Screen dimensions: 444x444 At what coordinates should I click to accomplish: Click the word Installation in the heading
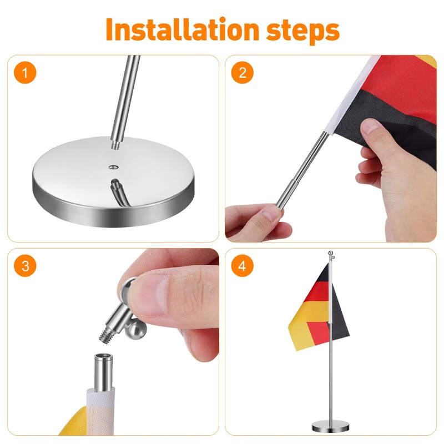[x=183, y=29]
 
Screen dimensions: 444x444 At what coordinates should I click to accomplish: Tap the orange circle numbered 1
[x=25, y=73]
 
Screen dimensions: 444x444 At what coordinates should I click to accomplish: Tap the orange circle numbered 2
[x=243, y=73]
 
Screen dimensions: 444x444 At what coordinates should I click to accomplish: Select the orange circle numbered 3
[x=25, y=266]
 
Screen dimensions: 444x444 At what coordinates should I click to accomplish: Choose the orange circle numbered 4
[x=243, y=266]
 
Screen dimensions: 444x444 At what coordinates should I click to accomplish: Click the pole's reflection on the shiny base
[x=118, y=193]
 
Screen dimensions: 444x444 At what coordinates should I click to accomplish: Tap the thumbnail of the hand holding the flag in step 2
[x=370, y=127]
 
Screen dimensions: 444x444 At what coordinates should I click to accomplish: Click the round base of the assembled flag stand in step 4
[x=330, y=427]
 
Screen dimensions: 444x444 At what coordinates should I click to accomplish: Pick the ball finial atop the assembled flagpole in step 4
[x=330, y=253]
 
